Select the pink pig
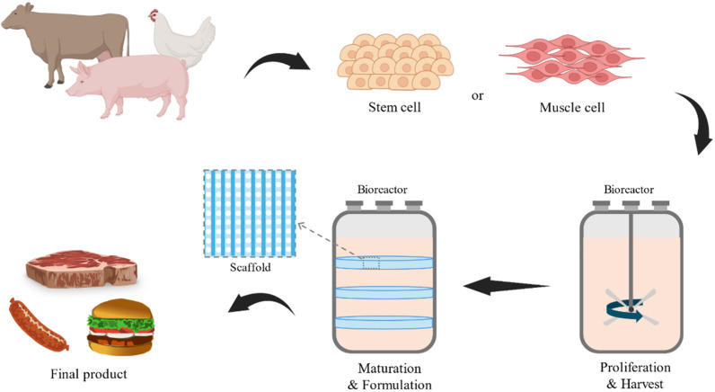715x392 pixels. point(135,85)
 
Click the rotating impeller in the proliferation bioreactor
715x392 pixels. point(632,312)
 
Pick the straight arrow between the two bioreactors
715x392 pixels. point(506,287)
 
